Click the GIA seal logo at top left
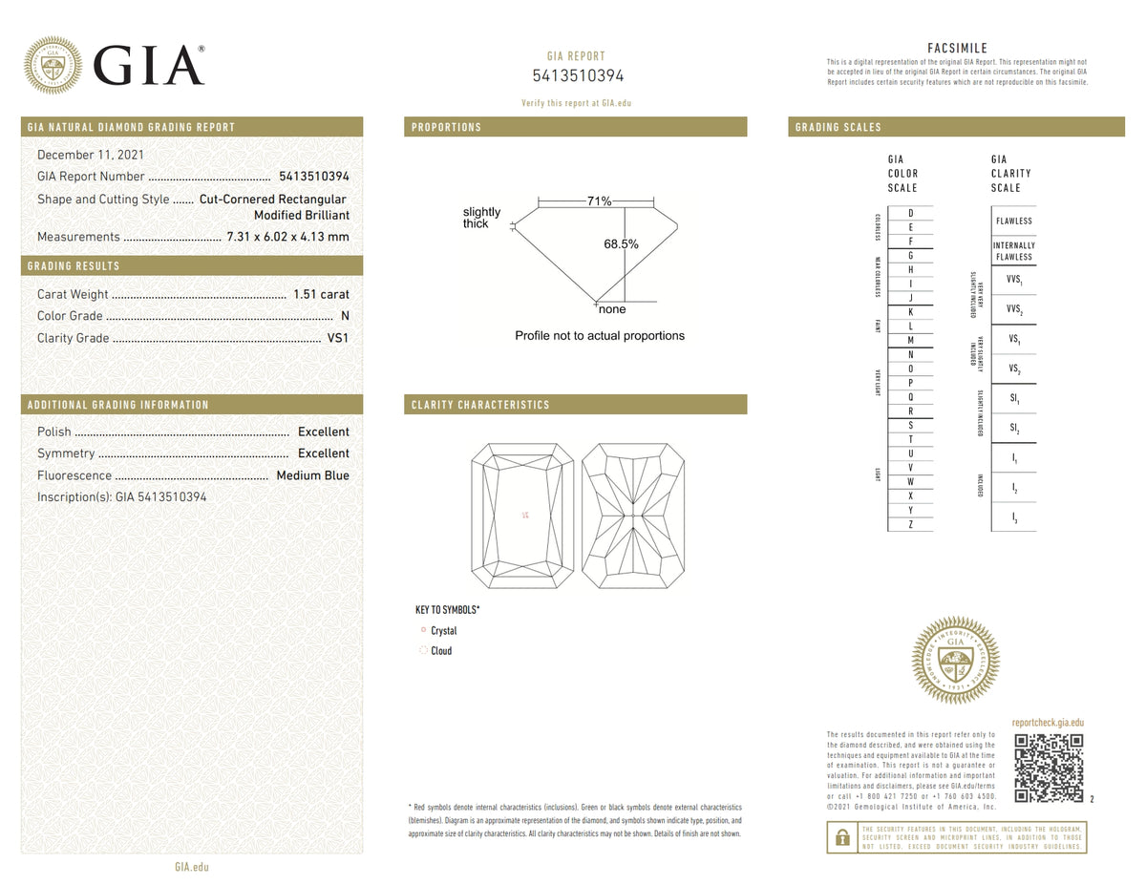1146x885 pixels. click(x=53, y=65)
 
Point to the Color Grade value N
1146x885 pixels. click(x=344, y=316)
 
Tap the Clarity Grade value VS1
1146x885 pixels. click(x=338, y=338)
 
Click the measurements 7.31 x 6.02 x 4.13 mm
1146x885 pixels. click(x=287, y=237)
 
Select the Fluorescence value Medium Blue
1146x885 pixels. click(x=312, y=475)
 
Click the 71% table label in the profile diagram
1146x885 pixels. click(x=599, y=201)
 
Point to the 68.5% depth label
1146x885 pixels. click(x=621, y=244)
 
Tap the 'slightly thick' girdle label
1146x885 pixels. click(x=481, y=218)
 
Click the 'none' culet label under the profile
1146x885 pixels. click(x=611, y=309)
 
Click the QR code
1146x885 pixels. click(x=1049, y=768)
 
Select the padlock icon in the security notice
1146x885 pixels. click(x=842, y=837)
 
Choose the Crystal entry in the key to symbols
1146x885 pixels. click(x=443, y=631)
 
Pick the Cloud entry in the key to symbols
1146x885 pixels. click(x=440, y=651)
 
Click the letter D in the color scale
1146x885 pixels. click(x=910, y=213)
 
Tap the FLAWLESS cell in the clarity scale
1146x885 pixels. click(x=1013, y=221)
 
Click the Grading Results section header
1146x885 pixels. click(x=74, y=266)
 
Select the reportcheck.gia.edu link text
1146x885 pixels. click(x=1048, y=724)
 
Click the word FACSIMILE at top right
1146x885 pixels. click(x=957, y=48)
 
